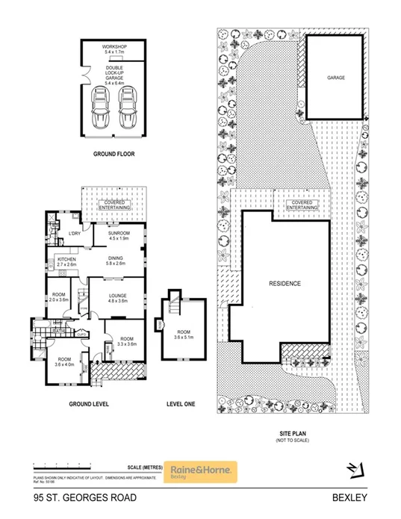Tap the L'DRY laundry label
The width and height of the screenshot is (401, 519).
coord(74,234)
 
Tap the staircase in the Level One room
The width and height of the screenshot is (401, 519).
coord(175,305)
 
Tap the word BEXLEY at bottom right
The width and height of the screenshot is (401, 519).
coord(351,497)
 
